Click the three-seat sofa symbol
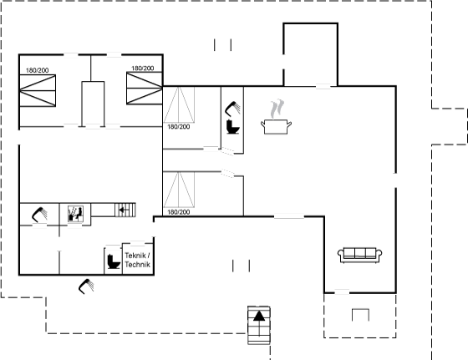359,255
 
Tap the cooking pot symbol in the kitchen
276,127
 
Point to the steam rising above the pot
277,109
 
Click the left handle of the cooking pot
262,123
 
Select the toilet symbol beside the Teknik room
114,261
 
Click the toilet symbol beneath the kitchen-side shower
233,127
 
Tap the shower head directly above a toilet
232,108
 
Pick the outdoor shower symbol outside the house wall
86,286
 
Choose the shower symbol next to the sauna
39,215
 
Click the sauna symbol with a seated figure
75,214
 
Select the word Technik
138,265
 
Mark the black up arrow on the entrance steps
259,316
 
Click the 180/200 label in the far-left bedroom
38,70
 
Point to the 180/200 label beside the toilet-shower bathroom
179,127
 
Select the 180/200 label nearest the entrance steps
179,212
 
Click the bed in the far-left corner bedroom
38,91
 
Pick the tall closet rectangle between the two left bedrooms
93,104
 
